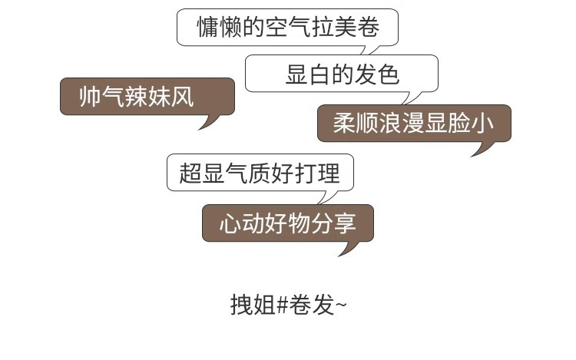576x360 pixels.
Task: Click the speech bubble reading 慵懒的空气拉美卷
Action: pos(288,28)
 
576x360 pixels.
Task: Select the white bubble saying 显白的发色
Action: pos(341,74)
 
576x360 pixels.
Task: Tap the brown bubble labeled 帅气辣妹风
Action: pos(147,97)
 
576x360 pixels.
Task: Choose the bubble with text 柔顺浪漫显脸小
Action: pos(414,123)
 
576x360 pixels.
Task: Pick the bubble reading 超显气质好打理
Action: pos(260,172)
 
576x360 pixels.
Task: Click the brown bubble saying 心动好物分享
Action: pos(288,223)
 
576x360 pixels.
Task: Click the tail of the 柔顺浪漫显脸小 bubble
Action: pos(482,147)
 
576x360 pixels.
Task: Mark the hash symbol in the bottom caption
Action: pos(282,305)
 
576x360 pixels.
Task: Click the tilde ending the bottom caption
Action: pos(341,305)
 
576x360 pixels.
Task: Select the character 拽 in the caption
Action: pos(240,305)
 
